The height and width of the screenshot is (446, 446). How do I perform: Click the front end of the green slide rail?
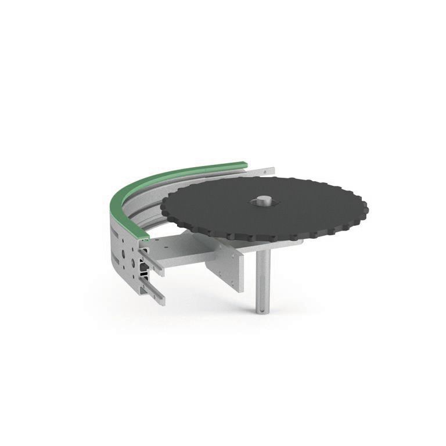click(x=142, y=236)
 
